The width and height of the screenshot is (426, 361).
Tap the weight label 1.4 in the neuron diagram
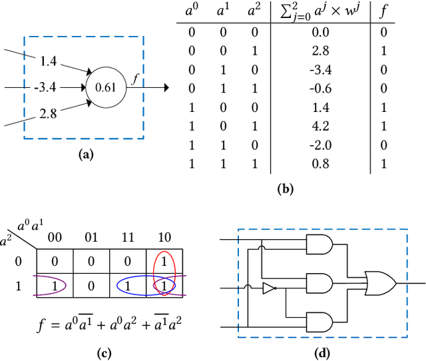[49, 61]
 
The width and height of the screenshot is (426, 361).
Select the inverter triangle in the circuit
[268, 288]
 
